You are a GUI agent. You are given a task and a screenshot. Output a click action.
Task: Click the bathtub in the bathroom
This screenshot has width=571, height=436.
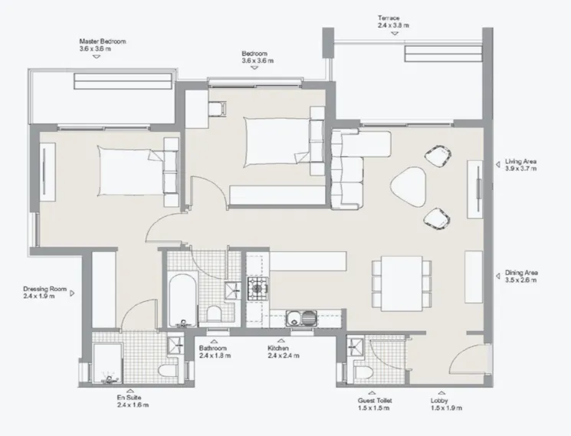point(182,298)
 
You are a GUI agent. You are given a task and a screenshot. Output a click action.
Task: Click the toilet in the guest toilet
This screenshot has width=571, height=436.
point(365,372)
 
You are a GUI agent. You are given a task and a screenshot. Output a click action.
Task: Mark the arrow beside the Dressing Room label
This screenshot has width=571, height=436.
point(74,292)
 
